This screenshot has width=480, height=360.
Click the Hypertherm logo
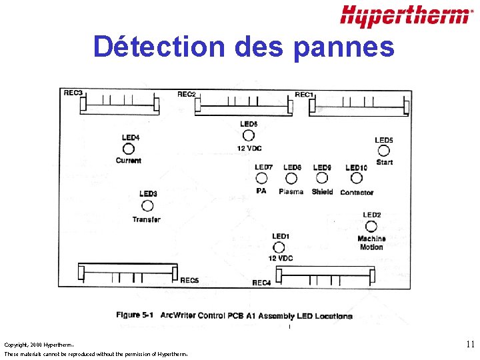click(405, 16)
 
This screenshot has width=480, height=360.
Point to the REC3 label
click(73, 93)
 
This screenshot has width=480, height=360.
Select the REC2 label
click(187, 95)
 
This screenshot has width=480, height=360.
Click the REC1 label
click(304, 95)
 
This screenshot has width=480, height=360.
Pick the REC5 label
click(189, 281)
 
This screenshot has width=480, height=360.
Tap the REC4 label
click(261, 283)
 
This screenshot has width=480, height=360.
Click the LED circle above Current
click(129, 149)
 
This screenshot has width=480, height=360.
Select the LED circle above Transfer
click(147, 206)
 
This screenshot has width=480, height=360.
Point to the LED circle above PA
click(262, 179)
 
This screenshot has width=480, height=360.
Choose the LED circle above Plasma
click(291, 179)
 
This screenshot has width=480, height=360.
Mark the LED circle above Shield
click(322, 179)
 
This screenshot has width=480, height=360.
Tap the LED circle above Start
click(384, 151)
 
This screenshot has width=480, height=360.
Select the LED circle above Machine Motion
click(371, 227)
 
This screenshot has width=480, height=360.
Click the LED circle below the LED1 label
click(279, 247)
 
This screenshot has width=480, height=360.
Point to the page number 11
click(470, 345)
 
